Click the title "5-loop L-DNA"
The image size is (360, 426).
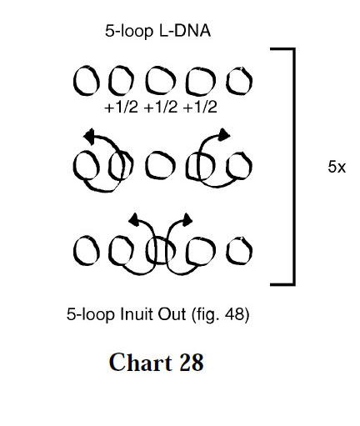point(157,31)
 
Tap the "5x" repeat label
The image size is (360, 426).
point(337,167)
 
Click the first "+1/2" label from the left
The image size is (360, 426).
point(121,107)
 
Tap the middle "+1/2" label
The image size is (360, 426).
point(161,107)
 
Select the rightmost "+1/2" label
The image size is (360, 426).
point(200,107)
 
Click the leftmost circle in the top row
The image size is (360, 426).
point(74,81)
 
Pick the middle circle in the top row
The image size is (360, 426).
point(146,81)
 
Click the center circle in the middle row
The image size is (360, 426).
point(146,166)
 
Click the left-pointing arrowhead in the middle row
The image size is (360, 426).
point(89,136)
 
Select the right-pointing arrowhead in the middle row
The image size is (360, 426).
point(224,135)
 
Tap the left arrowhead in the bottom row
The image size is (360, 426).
point(134,219)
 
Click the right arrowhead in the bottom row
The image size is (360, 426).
point(187,219)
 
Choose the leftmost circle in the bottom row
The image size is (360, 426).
point(74,251)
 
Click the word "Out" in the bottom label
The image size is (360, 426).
point(172,314)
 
